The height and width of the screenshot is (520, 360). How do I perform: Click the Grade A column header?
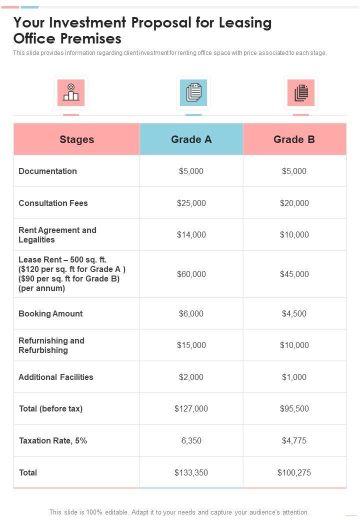click(191, 139)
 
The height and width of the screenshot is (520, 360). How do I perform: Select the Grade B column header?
click(294, 139)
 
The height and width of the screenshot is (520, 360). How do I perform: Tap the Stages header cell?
click(76, 139)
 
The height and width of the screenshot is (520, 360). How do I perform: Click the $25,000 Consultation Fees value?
click(191, 203)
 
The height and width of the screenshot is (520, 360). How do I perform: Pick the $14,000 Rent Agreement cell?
click(191, 234)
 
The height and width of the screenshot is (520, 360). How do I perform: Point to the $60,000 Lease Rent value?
click(191, 274)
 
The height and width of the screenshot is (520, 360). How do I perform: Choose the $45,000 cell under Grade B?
click(294, 274)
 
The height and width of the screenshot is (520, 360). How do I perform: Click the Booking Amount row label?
click(50, 313)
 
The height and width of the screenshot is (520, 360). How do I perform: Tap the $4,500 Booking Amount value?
click(294, 313)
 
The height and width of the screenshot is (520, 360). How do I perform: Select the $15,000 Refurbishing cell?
click(191, 345)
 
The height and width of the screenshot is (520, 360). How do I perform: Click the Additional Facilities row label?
click(56, 377)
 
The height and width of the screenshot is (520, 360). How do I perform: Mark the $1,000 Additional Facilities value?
click(294, 377)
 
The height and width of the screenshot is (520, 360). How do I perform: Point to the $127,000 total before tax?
click(191, 408)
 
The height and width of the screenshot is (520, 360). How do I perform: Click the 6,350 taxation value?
click(191, 440)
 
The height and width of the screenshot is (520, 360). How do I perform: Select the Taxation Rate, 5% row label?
click(53, 440)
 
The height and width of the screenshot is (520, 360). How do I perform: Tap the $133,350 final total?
click(191, 472)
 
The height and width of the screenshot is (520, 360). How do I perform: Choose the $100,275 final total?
click(294, 472)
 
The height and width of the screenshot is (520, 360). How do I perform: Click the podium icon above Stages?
click(71, 92)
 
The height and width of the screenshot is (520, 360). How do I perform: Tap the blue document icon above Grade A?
click(193, 92)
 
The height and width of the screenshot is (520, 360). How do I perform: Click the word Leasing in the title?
click(243, 23)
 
